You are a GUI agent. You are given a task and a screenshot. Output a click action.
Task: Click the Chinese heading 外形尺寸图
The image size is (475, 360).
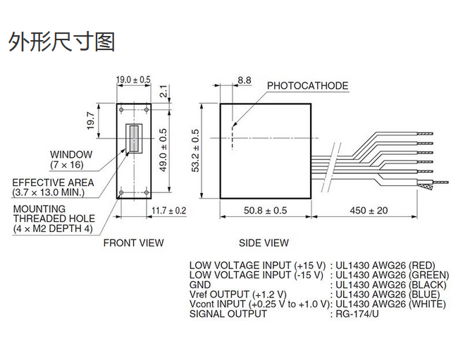[x=61, y=42]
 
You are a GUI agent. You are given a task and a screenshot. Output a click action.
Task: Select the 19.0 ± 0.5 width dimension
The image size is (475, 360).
[x=134, y=80]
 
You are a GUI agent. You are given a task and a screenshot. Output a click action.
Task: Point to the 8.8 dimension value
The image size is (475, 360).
[x=244, y=80]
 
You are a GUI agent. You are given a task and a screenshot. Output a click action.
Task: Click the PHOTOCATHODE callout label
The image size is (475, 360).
[x=307, y=86]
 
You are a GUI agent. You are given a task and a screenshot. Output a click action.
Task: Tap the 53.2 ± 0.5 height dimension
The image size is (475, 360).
[x=195, y=151]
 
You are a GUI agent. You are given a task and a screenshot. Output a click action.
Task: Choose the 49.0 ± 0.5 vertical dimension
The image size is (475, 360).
[x=163, y=150]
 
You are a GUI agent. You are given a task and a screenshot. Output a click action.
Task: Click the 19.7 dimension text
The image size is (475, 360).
[x=91, y=120]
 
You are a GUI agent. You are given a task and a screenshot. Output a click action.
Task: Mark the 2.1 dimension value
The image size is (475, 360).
[x=163, y=91]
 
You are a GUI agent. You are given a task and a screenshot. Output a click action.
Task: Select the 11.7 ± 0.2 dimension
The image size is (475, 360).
[x=168, y=211]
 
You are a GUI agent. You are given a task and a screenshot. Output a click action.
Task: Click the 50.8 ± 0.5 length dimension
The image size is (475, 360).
[x=266, y=211]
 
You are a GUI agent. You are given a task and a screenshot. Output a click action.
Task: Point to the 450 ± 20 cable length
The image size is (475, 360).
[x=369, y=211]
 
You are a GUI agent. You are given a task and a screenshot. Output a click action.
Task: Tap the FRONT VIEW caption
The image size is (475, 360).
[x=133, y=243]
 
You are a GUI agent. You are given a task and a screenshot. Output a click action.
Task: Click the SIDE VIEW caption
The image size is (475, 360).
[x=264, y=243]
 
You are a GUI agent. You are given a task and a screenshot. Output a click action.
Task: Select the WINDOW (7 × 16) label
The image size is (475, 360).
[x=71, y=159]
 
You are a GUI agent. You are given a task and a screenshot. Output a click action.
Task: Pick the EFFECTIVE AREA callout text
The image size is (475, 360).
[x=53, y=187]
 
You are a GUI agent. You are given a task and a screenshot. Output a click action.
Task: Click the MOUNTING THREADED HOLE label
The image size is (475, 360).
[x=54, y=218]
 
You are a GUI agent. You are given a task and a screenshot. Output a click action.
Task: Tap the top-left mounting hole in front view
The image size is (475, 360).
[x=121, y=110]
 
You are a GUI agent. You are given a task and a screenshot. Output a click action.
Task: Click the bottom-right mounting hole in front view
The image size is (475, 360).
[x=147, y=192]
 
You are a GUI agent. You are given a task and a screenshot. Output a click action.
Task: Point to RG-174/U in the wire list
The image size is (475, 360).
[x=357, y=314]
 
